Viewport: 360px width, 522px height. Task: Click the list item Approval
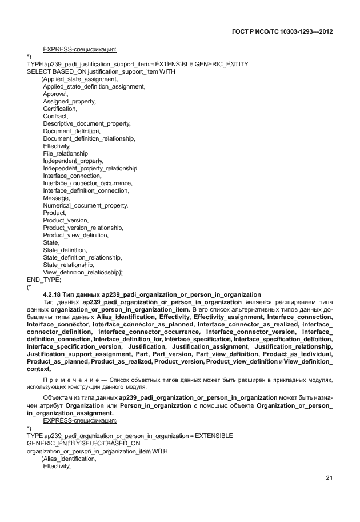pyautogui.click(x=55, y=94)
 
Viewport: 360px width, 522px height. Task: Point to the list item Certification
pyautogui.click(x=60, y=109)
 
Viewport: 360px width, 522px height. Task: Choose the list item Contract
pyautogui.click(x=55, y=116)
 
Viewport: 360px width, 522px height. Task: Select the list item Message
pyautogui.click(x=56, y=198)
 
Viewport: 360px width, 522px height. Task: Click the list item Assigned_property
pyautogui.click(x=69, y=101)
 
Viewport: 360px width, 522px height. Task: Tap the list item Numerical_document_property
pyautogui.click(x=86, y=205)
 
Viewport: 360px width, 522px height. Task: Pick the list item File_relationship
pyautogui.click(x=66, y=153)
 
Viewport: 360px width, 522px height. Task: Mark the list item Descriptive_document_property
pyautogui.click(x=87, y=123)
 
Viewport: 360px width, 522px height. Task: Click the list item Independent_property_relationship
pyautogui.click(x=90, y=168)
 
